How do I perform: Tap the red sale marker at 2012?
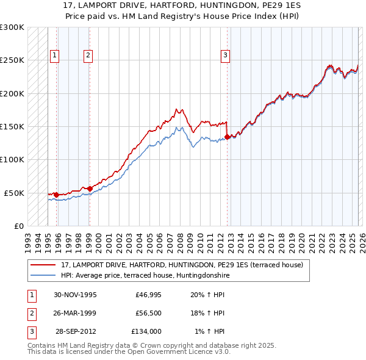(x=227, y=137)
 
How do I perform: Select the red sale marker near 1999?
(x=90, y=189)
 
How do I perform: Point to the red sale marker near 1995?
(x=56, y=195)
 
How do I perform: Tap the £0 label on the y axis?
(x=18, y=226)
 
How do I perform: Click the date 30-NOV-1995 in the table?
(x=75, y=295)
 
